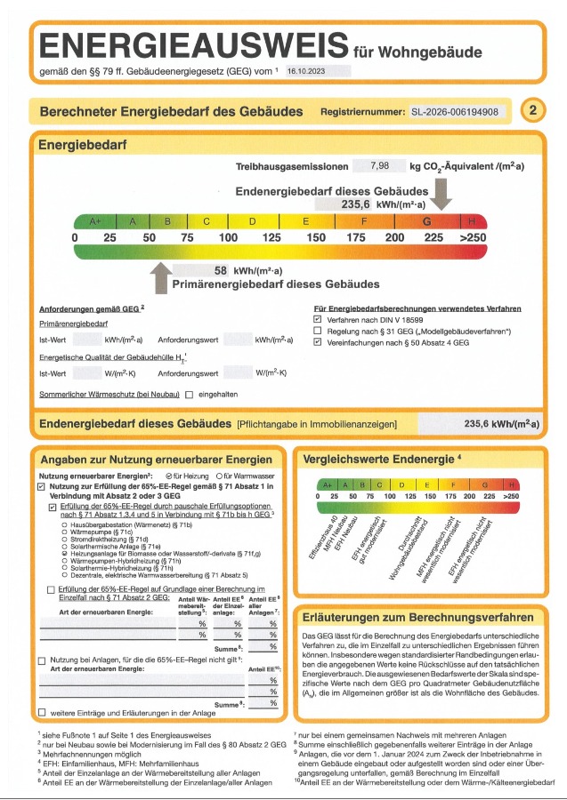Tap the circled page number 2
[x=532, y=111]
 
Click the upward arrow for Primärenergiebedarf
[x=160, y=276]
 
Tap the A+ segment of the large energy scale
[x=94, y=221]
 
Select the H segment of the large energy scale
[x=472, y=221]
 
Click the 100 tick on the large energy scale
[x=228, y=238]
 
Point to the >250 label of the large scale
[x=473, y=238]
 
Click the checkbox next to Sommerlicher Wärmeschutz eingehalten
[x=189, y=394]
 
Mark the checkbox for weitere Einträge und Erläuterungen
[x=42, y=713]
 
